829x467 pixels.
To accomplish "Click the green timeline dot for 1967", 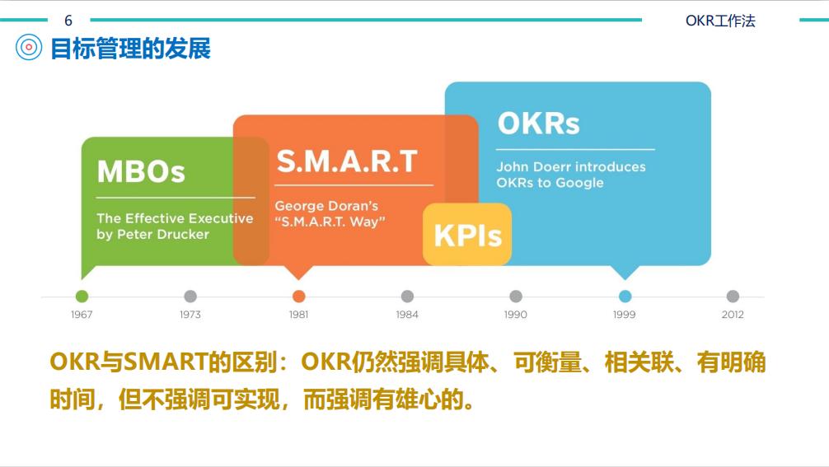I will click(82, 297).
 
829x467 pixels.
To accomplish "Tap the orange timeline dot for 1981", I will click(298, 297).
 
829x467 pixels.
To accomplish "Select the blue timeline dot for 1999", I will click(625, 297).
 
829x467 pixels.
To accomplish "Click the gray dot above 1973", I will click(190, 297).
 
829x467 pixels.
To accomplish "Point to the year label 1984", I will click(407, 315).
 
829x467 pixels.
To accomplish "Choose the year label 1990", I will click(516, 315).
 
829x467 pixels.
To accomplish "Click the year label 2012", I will click(733, 315).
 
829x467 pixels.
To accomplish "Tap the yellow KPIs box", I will click(467, 236).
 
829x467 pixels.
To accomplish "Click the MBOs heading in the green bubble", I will click(141, 172).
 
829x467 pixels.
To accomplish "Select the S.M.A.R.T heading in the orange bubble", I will click(347, 161).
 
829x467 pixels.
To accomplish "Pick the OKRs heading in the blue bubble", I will click(538, 124).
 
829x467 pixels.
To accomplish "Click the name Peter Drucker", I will click(162, 235).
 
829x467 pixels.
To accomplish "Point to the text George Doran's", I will click(326, 206).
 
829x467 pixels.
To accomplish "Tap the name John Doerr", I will click(531, 167).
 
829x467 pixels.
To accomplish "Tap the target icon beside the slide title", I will click(29, 48).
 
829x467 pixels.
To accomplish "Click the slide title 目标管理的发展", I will click(130, 49).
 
